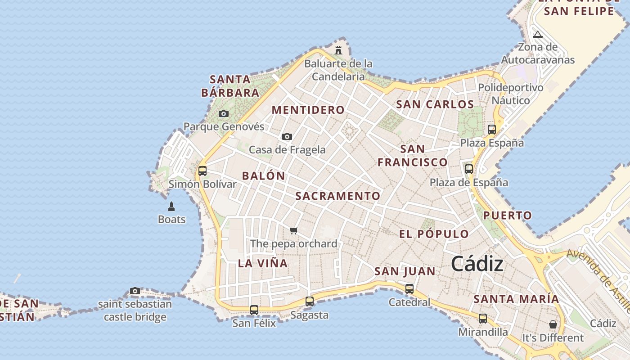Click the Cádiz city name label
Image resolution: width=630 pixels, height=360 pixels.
coord(477,264)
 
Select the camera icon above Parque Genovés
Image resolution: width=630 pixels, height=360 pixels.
coord(224,113)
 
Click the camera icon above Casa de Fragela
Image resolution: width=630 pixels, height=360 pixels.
coord(287,136)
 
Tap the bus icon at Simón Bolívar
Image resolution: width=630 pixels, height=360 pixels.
coord(202,171)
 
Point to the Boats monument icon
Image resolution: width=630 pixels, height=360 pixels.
coord(171,207)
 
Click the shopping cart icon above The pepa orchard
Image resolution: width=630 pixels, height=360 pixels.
coord(293,231)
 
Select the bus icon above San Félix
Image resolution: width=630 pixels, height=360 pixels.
coord(254,310)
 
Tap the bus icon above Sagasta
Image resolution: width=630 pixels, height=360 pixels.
coord(310,301)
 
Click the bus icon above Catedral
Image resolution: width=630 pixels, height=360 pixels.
coord(409,289)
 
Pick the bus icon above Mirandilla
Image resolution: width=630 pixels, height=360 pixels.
coord(483,319)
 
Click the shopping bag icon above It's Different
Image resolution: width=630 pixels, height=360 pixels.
coord(553,324)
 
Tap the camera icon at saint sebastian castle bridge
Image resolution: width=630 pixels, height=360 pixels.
coord(135,291)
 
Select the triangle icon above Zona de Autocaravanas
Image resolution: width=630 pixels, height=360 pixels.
coord(538,34)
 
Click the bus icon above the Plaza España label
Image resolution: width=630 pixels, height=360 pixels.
coord(492,130)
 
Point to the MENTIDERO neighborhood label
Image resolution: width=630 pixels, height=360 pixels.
coord(308,110)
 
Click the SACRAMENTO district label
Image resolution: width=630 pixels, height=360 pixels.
coord(338,196)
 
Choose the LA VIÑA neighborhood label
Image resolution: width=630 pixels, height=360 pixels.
coord(263,263)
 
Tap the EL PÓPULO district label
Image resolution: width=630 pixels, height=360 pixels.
coord(434,234)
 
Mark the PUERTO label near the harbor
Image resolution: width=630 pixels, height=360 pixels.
coord(508,216)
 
